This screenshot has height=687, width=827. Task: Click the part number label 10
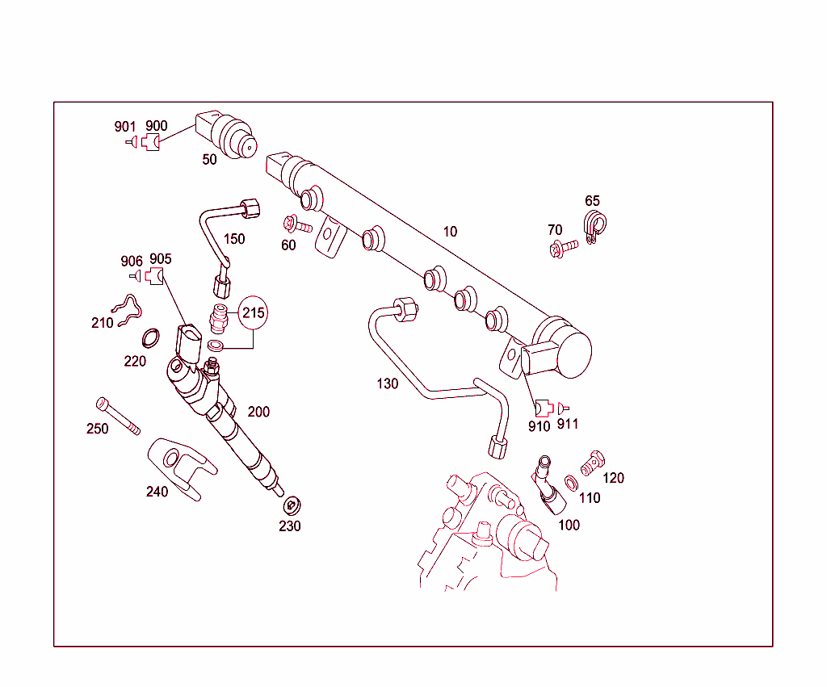(450, 232)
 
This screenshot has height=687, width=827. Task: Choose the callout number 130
(388, 383)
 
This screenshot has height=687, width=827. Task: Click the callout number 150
(234, 239)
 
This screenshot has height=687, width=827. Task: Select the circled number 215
(254, 313)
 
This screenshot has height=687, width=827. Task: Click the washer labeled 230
(292, 506)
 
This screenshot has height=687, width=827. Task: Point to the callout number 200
(258, 412)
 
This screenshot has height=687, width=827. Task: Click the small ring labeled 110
(570, 483)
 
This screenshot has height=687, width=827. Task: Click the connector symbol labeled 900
(151, 143)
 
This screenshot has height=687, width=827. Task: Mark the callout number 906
(132, 261)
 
